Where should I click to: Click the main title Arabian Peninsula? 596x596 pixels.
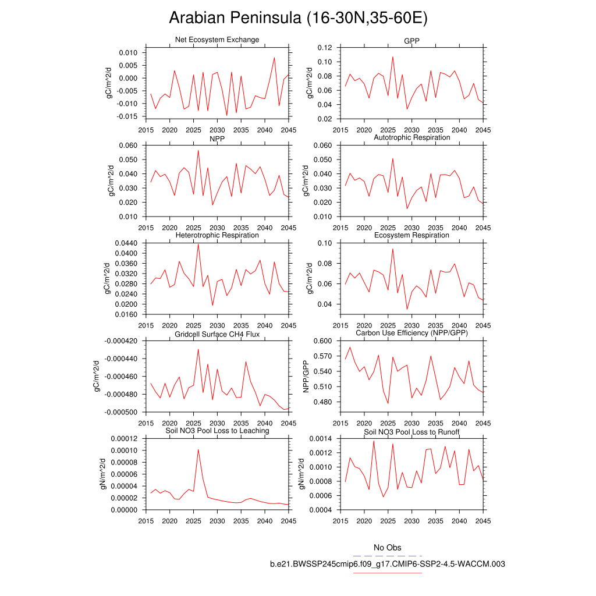298,18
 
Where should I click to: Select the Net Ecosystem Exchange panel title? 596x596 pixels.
217,40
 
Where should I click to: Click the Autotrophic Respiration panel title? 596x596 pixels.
411,137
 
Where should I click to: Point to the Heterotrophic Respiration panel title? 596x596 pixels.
217,235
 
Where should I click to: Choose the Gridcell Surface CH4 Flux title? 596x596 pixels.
217,334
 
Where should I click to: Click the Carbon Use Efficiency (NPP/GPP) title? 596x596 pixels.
411,333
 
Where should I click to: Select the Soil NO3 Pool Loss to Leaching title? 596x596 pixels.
217,431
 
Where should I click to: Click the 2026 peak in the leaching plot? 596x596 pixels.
198,449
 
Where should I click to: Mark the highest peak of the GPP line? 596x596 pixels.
393,57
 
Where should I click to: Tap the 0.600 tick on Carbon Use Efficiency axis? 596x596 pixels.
322,341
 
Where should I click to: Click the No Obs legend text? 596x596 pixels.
387,548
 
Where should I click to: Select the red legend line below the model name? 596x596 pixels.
387,573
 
